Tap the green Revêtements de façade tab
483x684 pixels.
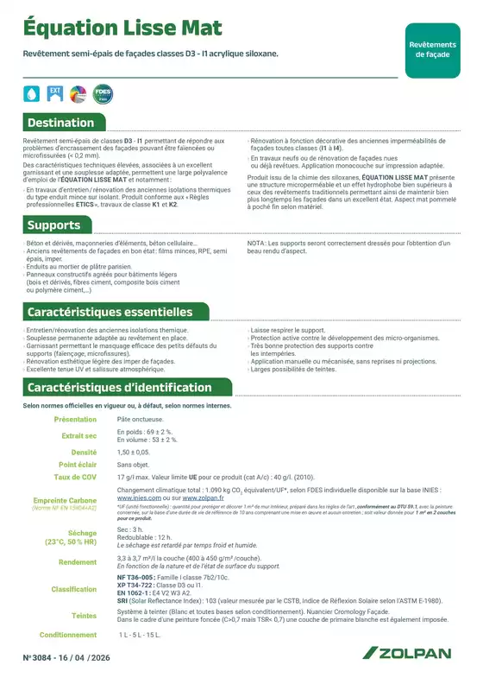coord(432,49)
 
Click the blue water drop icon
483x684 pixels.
coord(32,92)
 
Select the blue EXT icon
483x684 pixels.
coord(54,92)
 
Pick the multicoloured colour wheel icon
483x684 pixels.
coord(76,92)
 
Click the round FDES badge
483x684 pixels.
coord(102,92)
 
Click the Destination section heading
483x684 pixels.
coord(60,123)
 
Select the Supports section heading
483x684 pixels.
coord(53,225)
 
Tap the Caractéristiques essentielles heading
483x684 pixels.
coord(110,311)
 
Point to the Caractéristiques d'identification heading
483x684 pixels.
coord(119,388)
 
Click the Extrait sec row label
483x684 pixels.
coord(79,436)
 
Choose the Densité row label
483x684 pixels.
coord(84,452)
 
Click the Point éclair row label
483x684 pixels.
coord(78,464)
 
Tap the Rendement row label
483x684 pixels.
coord(78,561)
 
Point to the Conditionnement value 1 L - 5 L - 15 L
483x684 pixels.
coord(141,634)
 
